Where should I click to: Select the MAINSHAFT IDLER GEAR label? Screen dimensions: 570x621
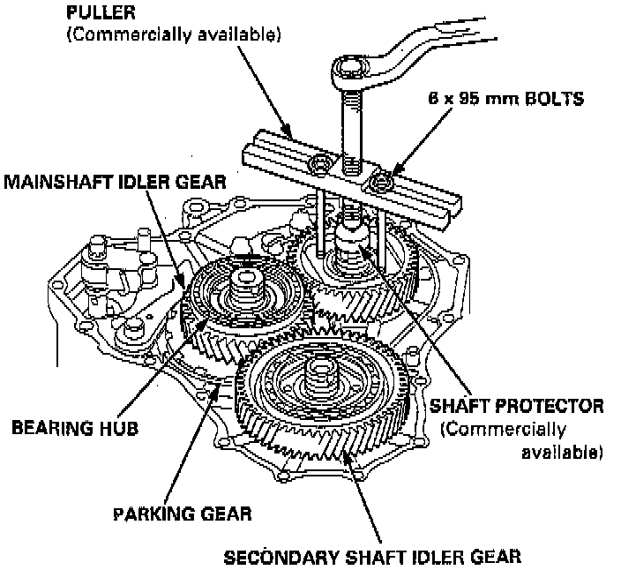[115, 182]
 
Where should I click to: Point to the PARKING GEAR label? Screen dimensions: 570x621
[183, 512]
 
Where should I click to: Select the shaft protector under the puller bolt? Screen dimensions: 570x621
[355, 236]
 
